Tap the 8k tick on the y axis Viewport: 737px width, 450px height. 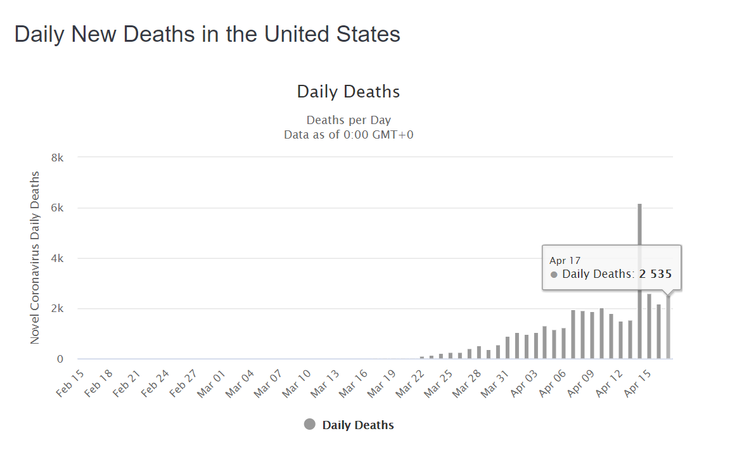[x=57, y=158]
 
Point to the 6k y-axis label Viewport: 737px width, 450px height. [x=57, y=208]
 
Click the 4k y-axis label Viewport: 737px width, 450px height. [x=57, y=258]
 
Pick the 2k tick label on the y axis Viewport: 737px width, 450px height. [x=57, y=309]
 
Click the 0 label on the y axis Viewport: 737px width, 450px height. [x=60, y=359]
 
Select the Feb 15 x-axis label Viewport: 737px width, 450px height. [x=70, y=382]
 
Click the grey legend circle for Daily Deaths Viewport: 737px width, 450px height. [x=309, y=425]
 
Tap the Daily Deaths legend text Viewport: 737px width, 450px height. [x=358, y=425]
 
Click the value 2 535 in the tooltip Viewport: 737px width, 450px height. [x=655, y=274]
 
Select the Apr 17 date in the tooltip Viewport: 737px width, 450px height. [x=565, y=260]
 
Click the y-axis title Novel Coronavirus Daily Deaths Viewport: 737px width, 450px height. [x=35, y=258]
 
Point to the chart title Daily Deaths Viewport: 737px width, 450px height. [x=349, y=92]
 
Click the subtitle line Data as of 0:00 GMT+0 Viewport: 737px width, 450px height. [x=349, y=134]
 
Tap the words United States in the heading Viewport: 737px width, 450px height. [x=332, y=34]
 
